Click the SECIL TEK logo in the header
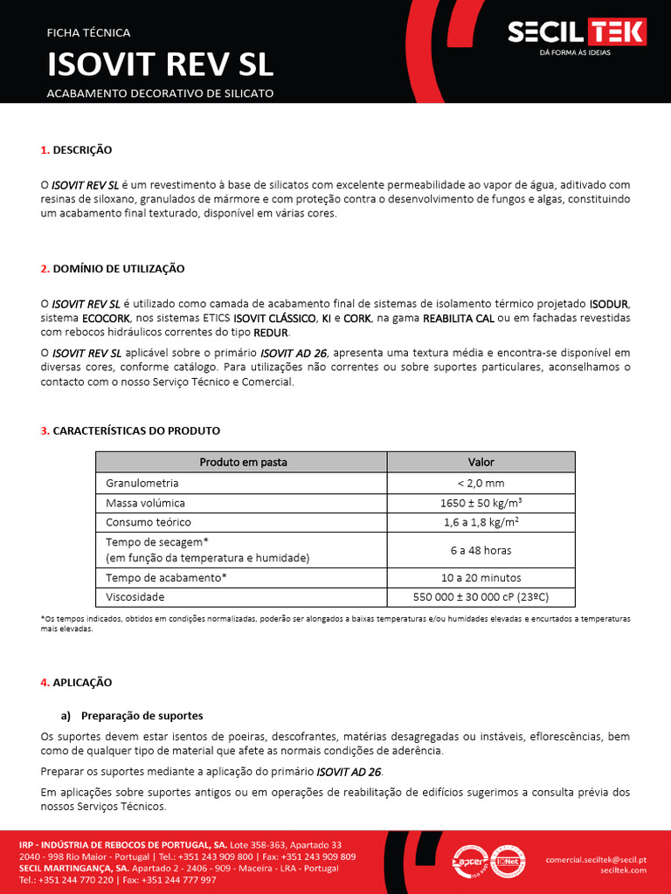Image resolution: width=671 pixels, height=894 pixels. [577, 33]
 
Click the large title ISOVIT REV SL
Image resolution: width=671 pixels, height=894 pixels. [160, 65]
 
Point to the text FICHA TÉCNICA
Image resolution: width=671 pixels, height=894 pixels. [88, 32]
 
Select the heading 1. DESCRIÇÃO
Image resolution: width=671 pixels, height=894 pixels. [77, 150]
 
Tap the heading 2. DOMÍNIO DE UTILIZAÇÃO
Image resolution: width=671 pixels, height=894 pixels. [113, 268]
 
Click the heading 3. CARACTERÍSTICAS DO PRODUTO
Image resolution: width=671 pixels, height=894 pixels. [130, 431]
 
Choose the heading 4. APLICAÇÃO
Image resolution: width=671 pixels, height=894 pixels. [77, 682]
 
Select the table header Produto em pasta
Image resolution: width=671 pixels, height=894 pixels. [243, 462]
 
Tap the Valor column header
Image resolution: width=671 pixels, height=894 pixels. [481, 462]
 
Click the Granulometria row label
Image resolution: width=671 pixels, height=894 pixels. [142, 483]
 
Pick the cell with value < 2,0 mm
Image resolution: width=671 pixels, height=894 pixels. [481, 483]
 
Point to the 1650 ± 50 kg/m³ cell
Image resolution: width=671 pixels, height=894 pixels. [481, 503]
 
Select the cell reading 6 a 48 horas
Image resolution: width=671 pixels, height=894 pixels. [481, 550]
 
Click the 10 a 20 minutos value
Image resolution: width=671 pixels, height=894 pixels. [481, 578]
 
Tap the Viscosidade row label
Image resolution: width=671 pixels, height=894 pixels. [135, 597]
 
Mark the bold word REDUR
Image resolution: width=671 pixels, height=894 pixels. [270, 334]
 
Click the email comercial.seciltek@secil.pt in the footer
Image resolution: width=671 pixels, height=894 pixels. [596, 859]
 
